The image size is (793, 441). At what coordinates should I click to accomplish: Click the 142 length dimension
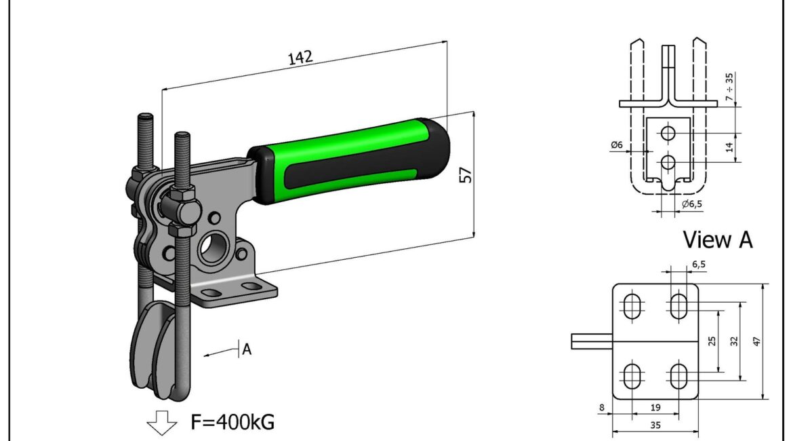coord(300,58)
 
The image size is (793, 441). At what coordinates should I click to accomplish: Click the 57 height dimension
coord(466,175)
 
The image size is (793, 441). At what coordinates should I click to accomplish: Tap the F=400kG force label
coord(232,422)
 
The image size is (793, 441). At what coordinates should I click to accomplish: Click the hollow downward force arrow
coord(161,421)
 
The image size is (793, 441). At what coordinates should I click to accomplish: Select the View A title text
coord(717,239)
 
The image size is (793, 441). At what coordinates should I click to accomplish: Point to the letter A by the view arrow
coord(247,349)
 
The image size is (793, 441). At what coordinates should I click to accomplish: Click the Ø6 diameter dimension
coord(617,145)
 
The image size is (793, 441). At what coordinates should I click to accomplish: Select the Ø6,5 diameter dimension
coord(695,204)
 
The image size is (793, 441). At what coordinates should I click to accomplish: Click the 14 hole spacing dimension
coord(730,147)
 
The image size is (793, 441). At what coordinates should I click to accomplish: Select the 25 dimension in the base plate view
coord(712,341)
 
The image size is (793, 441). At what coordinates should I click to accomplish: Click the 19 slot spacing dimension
coord(655,408)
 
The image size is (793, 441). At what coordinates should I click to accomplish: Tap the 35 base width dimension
coord(655,426)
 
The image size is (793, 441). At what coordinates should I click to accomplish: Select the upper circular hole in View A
coord(668,133)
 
